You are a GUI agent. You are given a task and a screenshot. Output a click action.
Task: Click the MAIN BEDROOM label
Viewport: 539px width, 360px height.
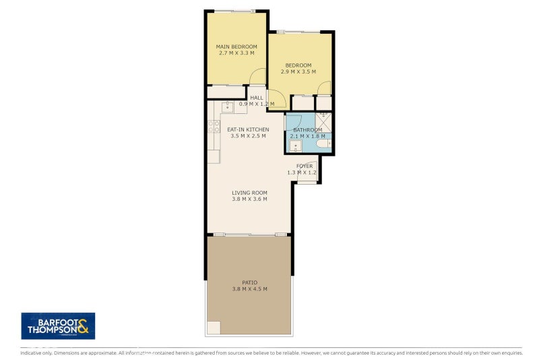point(236,47)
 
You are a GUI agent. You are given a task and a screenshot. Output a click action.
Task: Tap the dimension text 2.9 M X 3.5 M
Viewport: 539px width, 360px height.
point(300,71)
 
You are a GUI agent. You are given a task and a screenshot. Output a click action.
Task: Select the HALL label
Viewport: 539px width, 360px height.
point(257,98)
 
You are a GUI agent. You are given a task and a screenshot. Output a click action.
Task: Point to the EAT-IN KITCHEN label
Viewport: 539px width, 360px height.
point(248,129)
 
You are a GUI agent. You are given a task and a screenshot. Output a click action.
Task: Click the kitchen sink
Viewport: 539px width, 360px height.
point(228,107)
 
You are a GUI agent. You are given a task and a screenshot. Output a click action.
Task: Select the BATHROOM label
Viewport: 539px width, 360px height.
point(307,129)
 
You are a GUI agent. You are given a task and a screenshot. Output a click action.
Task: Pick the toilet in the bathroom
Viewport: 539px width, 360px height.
point(324,143)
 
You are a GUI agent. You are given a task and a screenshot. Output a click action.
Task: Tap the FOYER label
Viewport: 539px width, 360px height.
point(305,165)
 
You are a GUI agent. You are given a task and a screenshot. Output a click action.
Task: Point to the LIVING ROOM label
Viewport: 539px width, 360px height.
point(249,193)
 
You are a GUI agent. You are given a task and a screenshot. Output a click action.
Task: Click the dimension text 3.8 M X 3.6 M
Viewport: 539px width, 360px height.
point(249,199)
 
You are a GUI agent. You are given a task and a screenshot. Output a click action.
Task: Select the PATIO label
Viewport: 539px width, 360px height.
point(249,282)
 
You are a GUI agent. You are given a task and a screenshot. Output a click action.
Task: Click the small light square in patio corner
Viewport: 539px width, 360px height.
point(213,328)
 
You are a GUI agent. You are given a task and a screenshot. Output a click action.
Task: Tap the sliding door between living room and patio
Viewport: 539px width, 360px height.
point(249,235)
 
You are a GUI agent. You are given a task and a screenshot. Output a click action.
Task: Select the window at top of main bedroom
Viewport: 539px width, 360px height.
point(234,10)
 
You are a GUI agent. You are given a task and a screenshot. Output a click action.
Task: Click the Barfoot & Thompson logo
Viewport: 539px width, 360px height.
point(58,326)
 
